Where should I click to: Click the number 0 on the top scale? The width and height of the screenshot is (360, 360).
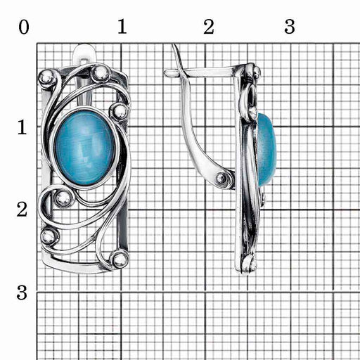click(24, 27)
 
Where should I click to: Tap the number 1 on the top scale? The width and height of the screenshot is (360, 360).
click(122, 27)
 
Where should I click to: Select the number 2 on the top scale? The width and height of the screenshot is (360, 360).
click(209, 27)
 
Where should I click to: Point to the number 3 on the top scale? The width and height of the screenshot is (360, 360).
click(290, 27)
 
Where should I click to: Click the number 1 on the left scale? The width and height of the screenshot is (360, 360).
click(22, 127)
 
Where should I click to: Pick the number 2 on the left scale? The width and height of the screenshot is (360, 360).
click(22, 210)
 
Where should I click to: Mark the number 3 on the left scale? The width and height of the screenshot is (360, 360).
click(22, 292)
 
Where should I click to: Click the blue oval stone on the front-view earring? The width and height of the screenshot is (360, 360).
click(85, 148)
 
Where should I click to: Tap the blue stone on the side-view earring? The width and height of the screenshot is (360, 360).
click(266, 150)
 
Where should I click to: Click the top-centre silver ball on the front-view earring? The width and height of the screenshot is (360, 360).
click(101, 74)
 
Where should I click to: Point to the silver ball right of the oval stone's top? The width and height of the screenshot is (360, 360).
click(120, 112)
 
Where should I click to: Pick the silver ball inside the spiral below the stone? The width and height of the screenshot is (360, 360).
click(63, 199)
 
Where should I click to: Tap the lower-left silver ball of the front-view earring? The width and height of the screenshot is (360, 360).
click(49, 237)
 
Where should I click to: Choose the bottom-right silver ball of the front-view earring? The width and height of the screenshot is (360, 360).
click(120, 259)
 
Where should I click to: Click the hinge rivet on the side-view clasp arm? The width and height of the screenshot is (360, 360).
click(221, 179)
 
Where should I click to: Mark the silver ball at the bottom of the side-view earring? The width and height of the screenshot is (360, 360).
click(248, 264)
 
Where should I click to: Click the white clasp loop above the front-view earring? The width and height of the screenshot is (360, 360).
click(85, 54)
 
